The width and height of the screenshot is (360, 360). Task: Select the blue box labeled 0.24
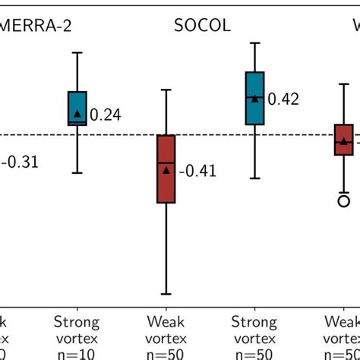coord(77,108)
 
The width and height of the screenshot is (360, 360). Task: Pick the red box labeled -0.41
coord(166,169)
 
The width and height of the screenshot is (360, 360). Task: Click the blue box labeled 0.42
coord(255,98)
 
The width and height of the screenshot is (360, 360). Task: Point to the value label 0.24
coord(106,115)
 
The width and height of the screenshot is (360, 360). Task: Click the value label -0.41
coord(197,172)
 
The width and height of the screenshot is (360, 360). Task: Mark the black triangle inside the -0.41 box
coord(166,170)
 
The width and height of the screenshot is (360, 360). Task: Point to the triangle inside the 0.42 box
coord(255,96)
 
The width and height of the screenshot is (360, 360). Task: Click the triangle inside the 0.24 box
coord(77,113)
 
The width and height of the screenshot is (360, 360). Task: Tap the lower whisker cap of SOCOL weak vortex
coord(166,294)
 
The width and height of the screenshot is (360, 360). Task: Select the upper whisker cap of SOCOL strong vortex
coord(255,44)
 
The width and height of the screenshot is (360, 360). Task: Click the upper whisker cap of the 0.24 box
coord(77,52)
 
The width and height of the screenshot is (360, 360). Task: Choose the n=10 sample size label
coord(77,353)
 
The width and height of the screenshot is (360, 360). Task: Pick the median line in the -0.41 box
coord(166,163)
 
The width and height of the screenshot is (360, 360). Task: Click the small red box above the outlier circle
coord(344,140)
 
